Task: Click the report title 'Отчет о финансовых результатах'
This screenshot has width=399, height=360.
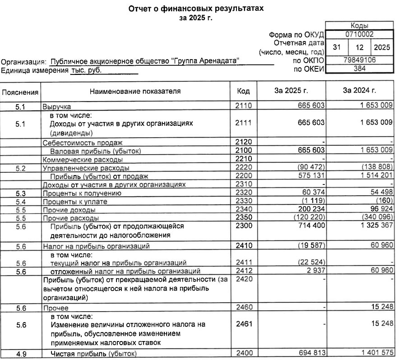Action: coord(195,9)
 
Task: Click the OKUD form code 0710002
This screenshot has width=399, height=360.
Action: coord(359,34)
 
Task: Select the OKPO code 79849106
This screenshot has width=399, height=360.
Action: coord(359,60)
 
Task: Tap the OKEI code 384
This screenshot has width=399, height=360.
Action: coord(359,69)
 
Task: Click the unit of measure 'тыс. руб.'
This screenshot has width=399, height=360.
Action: coord(86,70)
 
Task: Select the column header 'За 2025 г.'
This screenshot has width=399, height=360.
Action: coord(291,91)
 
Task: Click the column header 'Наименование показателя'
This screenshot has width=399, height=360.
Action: coord(135,91)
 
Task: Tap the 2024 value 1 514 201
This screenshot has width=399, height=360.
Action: coord(374,176)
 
